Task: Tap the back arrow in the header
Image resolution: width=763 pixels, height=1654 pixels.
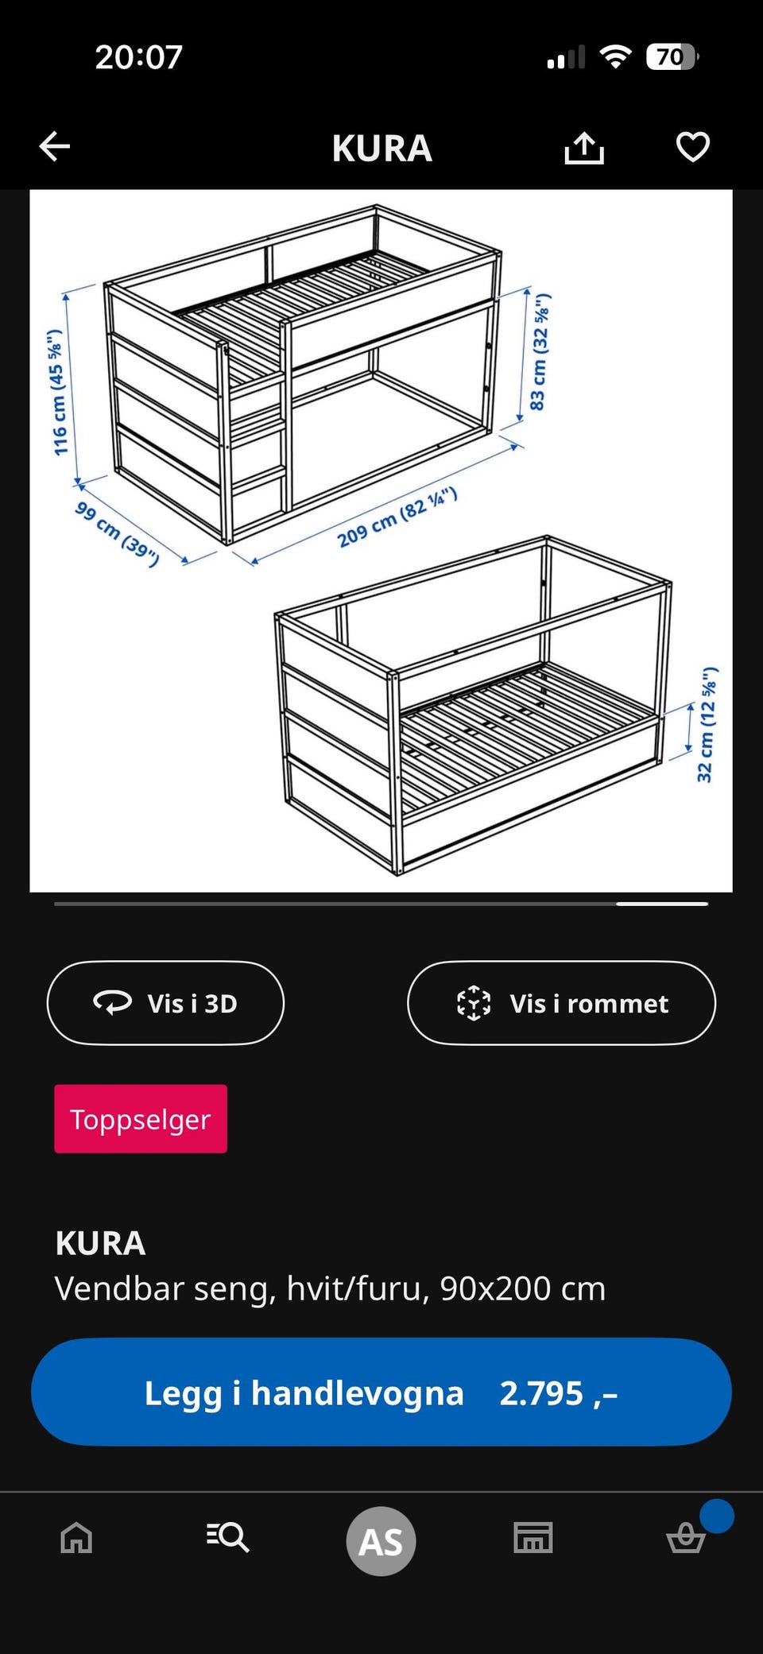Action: pyautogui.click(x=55, y=146)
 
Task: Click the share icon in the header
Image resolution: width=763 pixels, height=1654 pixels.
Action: pyautogui.click(x=584, y=147)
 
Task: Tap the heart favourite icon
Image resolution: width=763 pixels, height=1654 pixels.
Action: pyautogui.click(x=692, y=147)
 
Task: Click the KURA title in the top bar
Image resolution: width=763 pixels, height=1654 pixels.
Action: pyautogui.click(x=381, y=148)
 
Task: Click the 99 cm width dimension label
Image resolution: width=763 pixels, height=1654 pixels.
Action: pyautogui.click(x=117, y=533)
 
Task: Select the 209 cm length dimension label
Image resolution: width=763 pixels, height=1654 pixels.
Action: pyautogui.click(x=397, y=518)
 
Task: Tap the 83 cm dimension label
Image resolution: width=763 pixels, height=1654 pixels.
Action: pyautogui.click(x=540, y=351)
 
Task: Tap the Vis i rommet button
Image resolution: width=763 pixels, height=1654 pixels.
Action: pyautogui.click(x=561, y=1003)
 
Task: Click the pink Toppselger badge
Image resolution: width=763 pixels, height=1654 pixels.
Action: pyautogui.click(x=141, y=1118)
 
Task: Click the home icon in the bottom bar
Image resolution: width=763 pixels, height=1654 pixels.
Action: pyautogui.click(x=77, y=1538)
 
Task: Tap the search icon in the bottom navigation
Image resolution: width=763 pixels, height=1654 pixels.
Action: pyautogui.click(x=228, y=1537)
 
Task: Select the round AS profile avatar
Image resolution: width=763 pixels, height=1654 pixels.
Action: pyautogui.click(x=381, y=1541)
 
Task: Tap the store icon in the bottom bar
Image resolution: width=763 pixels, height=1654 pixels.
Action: pyautogui.click(x=533, y=1538)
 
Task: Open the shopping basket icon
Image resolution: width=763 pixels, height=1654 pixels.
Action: pyautogui.click(x=686, y=1537)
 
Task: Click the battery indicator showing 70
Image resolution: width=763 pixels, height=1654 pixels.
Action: pyautogui.click(x=672, y=56)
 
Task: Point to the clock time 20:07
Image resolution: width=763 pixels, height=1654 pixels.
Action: pyautogui.click(x=139, y=56)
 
